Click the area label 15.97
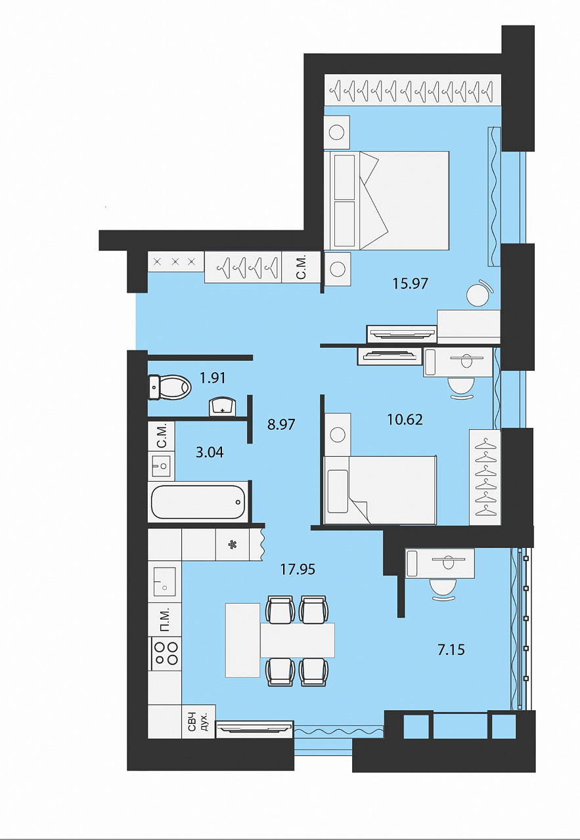pos(410,283)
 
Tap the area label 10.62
pos(405,419)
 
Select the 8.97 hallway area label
pos(281,425)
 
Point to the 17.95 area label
pos(298,569)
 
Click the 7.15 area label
pos(451,650)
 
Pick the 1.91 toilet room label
pos(213,378)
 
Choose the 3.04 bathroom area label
pos(210,452)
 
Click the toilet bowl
pos(169,387)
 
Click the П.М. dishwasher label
pos(165,621)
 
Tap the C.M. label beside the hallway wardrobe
pos(301,266)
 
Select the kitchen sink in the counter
pos(165,581)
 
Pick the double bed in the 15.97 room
pos(387,201)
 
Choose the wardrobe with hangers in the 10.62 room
pos(485,477)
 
